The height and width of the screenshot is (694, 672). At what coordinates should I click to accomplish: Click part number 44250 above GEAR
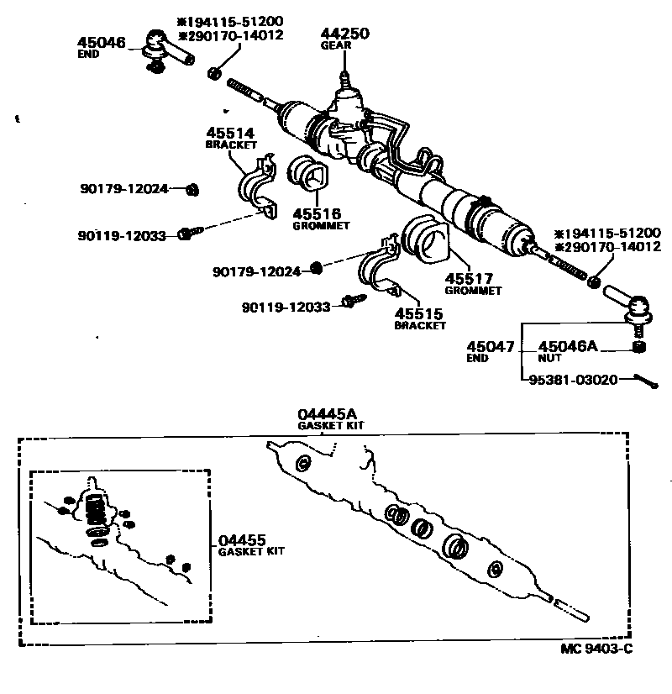(344, 34)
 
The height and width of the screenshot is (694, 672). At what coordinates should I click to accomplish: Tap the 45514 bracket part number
(230, 133)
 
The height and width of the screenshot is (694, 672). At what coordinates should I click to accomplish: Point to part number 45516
(317, 213)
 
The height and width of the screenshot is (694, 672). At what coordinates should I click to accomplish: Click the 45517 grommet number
(469, 278)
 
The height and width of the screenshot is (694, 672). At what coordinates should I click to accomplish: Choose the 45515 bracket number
(418, 313)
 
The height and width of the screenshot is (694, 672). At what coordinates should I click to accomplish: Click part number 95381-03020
(573, 380)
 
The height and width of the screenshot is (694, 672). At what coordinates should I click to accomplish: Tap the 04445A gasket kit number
(327, 414)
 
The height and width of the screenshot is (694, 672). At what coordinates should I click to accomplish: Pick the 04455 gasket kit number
(242, 540)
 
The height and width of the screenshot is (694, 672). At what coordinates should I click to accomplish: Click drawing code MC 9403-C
(596, 649)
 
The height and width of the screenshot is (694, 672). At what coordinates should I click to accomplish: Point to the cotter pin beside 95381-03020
(646, 381)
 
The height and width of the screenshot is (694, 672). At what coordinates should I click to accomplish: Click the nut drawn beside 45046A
(638, 346)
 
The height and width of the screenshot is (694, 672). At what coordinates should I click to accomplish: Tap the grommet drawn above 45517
(425, 239)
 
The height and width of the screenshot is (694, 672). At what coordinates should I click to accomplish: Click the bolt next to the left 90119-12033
(190, 233)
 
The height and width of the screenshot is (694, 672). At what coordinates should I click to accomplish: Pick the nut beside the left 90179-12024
(192, 190)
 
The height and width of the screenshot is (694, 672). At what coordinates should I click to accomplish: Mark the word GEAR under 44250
(336, 45)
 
